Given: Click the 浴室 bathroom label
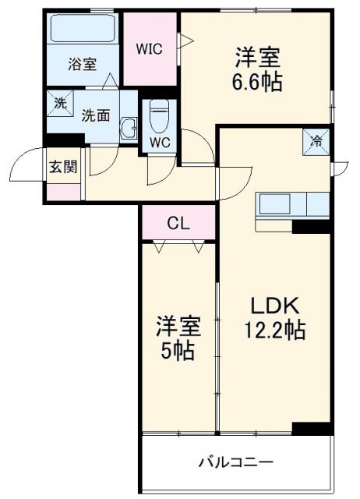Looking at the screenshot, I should [82, 64].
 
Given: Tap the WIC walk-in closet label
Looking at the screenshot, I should [149, 48].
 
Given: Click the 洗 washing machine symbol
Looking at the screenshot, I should [60, 101].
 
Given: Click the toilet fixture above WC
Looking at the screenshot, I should [159, 117].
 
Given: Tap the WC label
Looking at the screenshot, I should [159, 143].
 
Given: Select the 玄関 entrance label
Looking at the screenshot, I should [64, 165].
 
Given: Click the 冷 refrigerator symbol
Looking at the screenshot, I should [317, 141].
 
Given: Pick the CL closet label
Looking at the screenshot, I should [178, 224].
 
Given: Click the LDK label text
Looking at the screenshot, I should [271, 305].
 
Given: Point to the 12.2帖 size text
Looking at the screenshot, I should [271, 330].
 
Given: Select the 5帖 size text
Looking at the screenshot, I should [178, 351].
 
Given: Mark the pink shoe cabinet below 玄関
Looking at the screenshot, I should [64, 191].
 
